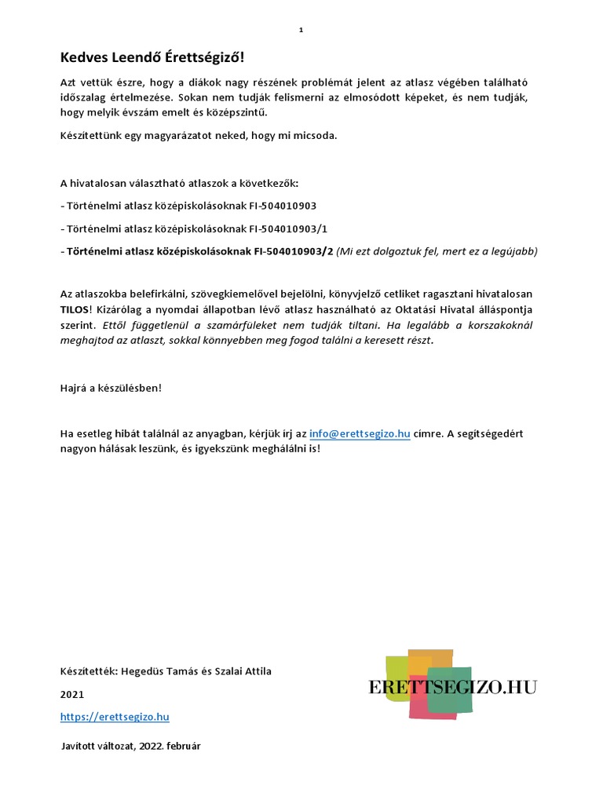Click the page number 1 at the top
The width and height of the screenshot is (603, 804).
[x=301, y=30]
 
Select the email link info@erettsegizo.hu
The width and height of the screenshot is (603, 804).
[x=360, y=433]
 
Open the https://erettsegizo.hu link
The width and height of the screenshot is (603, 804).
[x=115, y=716]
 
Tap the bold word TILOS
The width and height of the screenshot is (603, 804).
[x=75, y=309]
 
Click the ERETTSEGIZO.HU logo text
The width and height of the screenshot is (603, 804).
[x=452, y=688]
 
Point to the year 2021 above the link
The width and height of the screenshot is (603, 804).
[x=71, y=694]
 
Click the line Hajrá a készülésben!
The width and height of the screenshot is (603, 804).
[x=111, y=388]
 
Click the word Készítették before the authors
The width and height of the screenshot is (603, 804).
[x=89, y=671]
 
